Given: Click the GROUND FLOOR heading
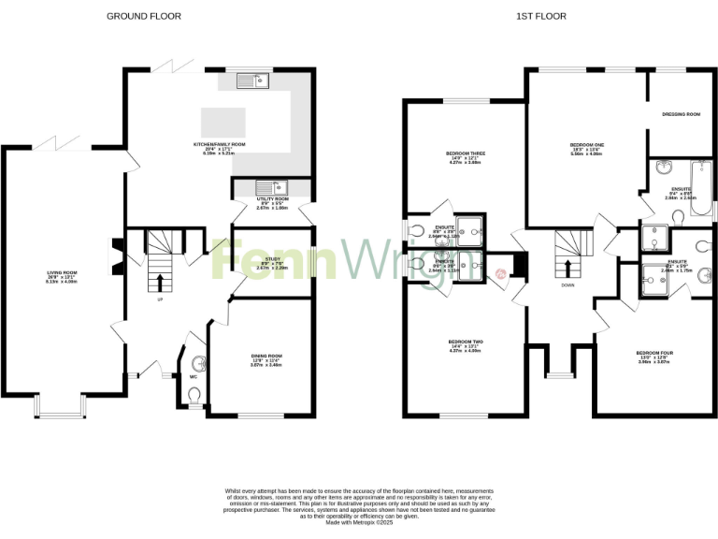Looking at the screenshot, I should click(143, 16).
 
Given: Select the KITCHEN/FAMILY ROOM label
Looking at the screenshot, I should click(219, 145).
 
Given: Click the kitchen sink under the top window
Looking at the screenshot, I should click(252, 80).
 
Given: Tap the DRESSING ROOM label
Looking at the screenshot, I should click(681, 114).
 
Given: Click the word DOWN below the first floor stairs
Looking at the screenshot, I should click(567, 285).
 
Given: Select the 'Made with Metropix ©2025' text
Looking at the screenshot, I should click(359, 522).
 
